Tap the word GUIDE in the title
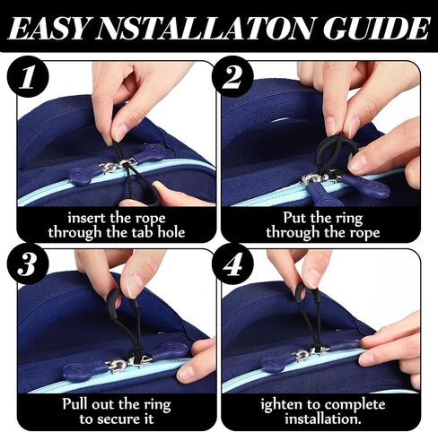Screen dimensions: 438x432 pos(376,28)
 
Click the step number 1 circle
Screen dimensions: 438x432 pos(28,76)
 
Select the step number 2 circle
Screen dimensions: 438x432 pos(232,76)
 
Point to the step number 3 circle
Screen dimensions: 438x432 pos(28,264)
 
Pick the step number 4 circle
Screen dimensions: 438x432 pos(232,264)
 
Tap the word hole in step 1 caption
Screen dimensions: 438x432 pos(171,232)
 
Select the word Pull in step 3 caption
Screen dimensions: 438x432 pos(75,404)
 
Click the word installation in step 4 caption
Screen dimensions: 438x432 pos(323,419)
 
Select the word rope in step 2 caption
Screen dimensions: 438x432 pos(365,233)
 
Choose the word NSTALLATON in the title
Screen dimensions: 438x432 pos(207,29)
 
